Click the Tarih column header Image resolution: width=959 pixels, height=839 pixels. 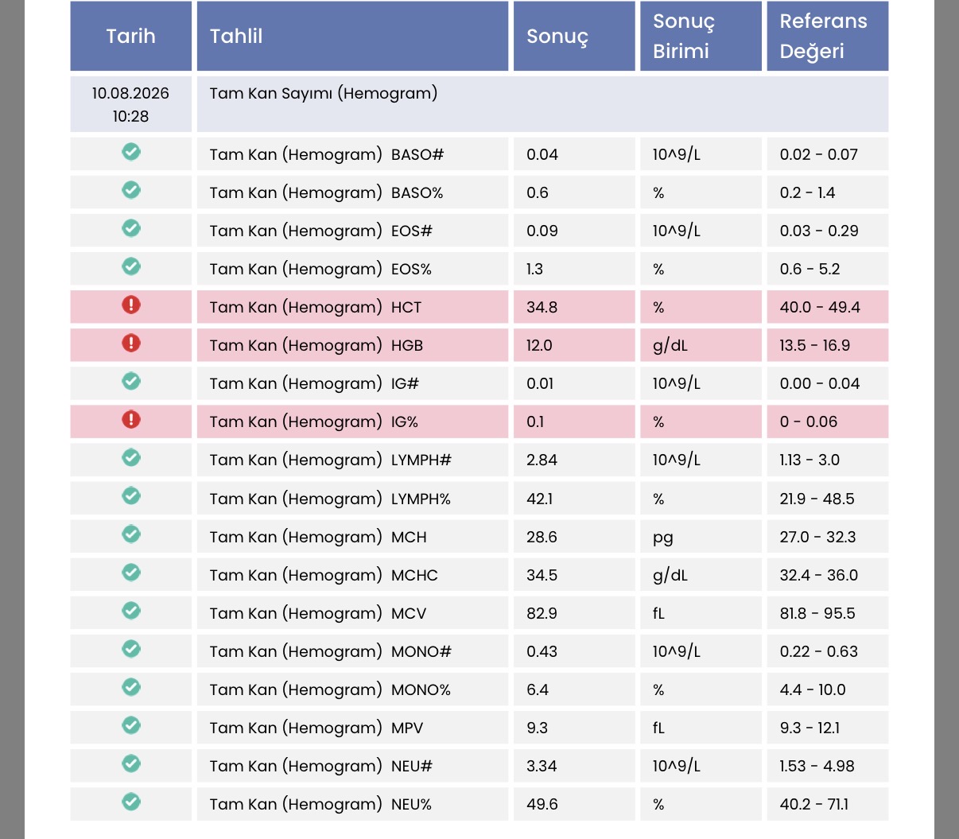coord(130,36)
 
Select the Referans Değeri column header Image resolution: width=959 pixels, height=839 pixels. coord(823,36)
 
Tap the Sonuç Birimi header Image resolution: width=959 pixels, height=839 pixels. coord(684,36)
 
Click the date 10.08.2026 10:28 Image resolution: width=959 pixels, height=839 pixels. coord(130,104)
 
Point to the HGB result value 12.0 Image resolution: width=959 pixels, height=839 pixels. coord(539,345)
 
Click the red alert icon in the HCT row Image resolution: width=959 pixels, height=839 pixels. coord(131,305)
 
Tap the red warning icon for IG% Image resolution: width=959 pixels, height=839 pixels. coord(131,419)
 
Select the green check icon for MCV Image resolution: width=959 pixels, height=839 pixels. coord(131,610)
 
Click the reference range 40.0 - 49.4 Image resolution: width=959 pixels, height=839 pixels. coord(820,307)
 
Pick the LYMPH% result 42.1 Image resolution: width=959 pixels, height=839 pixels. coord(539,499)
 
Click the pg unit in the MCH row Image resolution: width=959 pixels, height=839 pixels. coord(662,538)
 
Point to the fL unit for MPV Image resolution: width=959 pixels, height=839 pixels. coord(658,728)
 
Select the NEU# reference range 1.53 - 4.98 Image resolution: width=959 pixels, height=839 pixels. coord(817,766)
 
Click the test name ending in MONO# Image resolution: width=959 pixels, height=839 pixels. coord(331,651)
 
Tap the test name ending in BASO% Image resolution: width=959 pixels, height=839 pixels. coord(326,192)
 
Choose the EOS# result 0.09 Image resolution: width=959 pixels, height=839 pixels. coord(542,231)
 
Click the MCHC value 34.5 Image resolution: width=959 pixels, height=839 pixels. coord(542,575)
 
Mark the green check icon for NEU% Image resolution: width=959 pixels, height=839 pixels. coord(131,802)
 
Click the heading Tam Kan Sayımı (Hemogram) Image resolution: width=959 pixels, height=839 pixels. coord(324,93)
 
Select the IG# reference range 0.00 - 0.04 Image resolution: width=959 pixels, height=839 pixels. coord(820,383)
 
